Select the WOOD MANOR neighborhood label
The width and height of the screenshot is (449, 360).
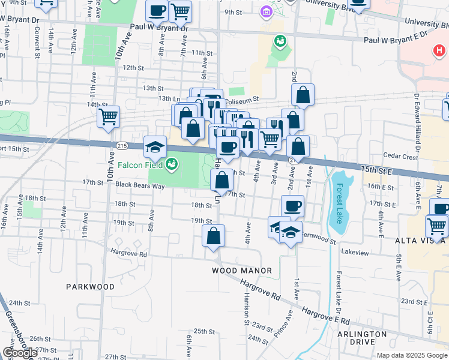[x=242, y=271]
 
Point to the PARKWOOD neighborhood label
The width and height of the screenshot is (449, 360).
[x=90, y=287]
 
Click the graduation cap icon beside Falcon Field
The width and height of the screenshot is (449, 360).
[x=155, y=146]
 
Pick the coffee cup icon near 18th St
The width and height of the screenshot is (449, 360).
[x=292, y=206]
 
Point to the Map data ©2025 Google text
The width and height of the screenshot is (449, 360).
[x=412, y=355]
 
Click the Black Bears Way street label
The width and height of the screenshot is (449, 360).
[x=140, y=185]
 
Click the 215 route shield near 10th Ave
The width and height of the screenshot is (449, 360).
[x=122, y=145]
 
